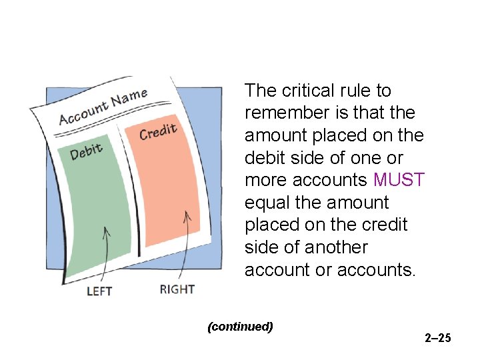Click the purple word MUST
coord(399,180)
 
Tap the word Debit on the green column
coord(87,151)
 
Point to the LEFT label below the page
coord(99,291)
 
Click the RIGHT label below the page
coord(177,289)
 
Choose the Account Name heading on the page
coord(103,107)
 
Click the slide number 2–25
coord(438,338)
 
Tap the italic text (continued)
coord(241,327)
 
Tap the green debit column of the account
coord(100,207)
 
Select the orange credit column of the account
coord(167,187)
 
